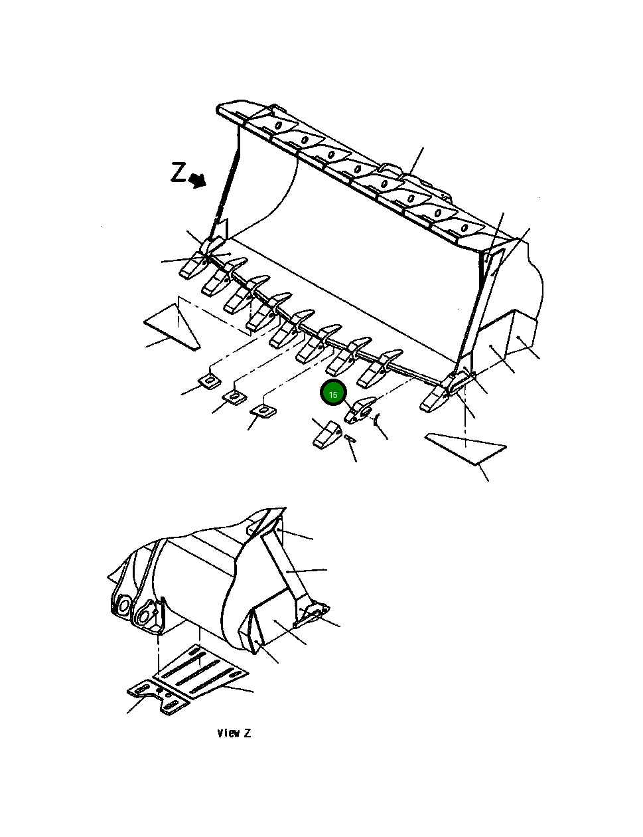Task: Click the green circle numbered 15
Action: click(x=333, y=394)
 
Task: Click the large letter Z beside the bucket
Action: click(x=179, y=173)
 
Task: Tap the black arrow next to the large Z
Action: click(x=197, y=179)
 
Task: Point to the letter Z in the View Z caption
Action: click(x=247, y=733)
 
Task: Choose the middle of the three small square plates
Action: click(x=233, y=397)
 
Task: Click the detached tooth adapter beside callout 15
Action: click(x=360, y=409)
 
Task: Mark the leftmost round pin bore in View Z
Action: click(x=122, y=605)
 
